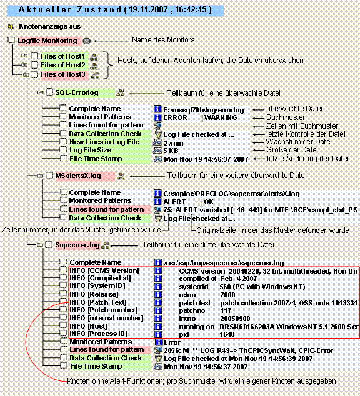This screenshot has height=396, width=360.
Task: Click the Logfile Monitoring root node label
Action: click(x=47, y=41)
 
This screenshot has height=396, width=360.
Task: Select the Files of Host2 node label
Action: click(x=62, y=65)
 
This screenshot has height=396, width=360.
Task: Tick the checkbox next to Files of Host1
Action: click(x=34, y=56)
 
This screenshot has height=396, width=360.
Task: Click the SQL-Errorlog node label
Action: click(x=77, y=92)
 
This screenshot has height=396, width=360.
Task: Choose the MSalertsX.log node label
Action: click(x=78, y=176)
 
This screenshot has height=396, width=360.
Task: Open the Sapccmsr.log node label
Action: click(x=77, y=245)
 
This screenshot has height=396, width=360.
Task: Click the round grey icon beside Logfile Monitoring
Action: click(x=87, y=41)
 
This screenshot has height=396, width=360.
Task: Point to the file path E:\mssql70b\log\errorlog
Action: click(x=204, y=110)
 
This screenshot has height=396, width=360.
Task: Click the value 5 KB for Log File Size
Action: click(x=171, y=151)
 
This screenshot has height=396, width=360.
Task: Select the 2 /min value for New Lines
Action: click(x=174, y=143)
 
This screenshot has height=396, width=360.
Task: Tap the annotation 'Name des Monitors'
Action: click(x=163, y=40)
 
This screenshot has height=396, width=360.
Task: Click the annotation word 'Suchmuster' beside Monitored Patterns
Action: click(x=286, y=117)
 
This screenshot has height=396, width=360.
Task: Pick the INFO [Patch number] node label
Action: click(x=104, y=310)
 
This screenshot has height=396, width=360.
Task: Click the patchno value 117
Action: click(x=226, y=310)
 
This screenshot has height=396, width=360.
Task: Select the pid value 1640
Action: click(x=227, y=334)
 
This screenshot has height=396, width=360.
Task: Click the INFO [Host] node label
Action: click(x=88, y=326)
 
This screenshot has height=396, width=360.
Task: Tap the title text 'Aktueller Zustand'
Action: click(x=70, y=10)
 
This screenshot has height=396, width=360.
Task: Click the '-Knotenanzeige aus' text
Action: click(x=49, y=26)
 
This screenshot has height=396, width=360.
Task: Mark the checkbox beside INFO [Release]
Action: click(x=63, y=294)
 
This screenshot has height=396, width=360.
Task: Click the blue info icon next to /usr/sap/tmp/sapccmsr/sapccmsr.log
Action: click(x=158, y=263)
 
